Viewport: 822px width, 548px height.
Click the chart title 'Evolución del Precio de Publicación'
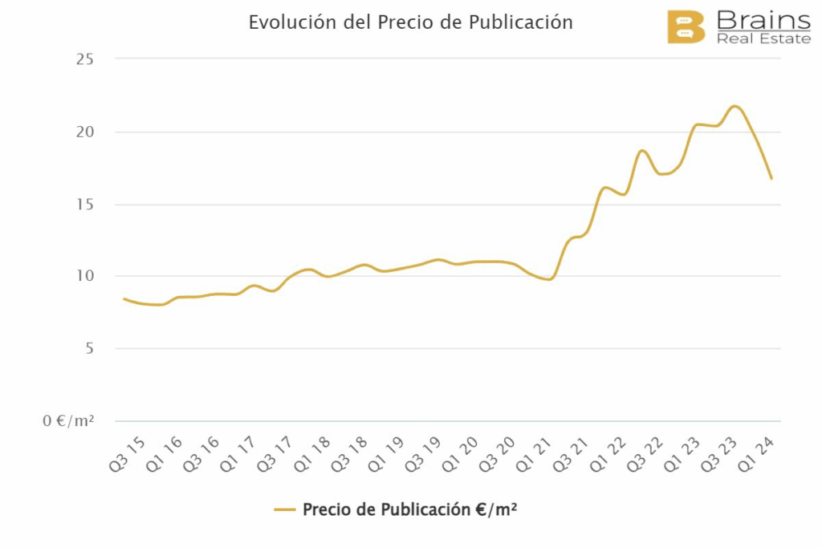tap(410, 22)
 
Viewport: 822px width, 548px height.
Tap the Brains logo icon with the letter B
tap(686, 27)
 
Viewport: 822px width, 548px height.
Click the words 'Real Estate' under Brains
tap(763, 39)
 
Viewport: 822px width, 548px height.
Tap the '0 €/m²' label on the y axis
tap(69, 421)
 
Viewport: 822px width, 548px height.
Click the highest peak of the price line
tap(735, 106)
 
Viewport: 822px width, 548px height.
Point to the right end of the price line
tap(771, 178)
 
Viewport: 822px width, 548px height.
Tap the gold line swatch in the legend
tap(285, 509)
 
